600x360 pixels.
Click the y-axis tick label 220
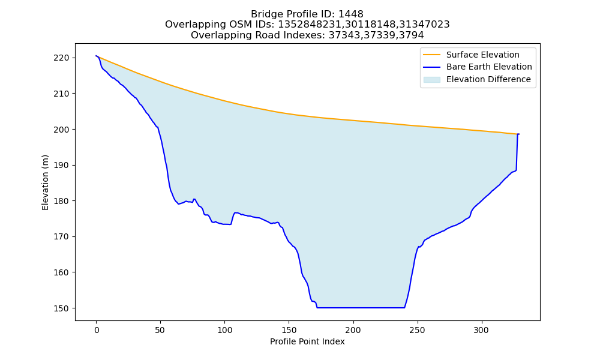(62, 58)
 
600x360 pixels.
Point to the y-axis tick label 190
(62, 165)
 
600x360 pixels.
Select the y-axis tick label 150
(62, 308)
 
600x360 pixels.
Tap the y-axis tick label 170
(62, 237)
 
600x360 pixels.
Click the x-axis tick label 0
(97, 330)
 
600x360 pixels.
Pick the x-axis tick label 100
(224, 330)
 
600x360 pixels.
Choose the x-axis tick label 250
(417, 330)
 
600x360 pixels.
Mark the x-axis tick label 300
(481, 330)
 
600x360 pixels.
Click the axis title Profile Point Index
(307, 341)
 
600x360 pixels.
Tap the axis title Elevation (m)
(46, 182)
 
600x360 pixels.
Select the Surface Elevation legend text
(482, 55)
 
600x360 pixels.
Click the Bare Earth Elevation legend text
(489, 67)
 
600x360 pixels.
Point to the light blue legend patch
(431, 80)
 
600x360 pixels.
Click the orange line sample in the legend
(431, 55)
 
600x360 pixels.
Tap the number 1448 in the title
(351, 14)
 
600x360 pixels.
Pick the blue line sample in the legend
(431, 67)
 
